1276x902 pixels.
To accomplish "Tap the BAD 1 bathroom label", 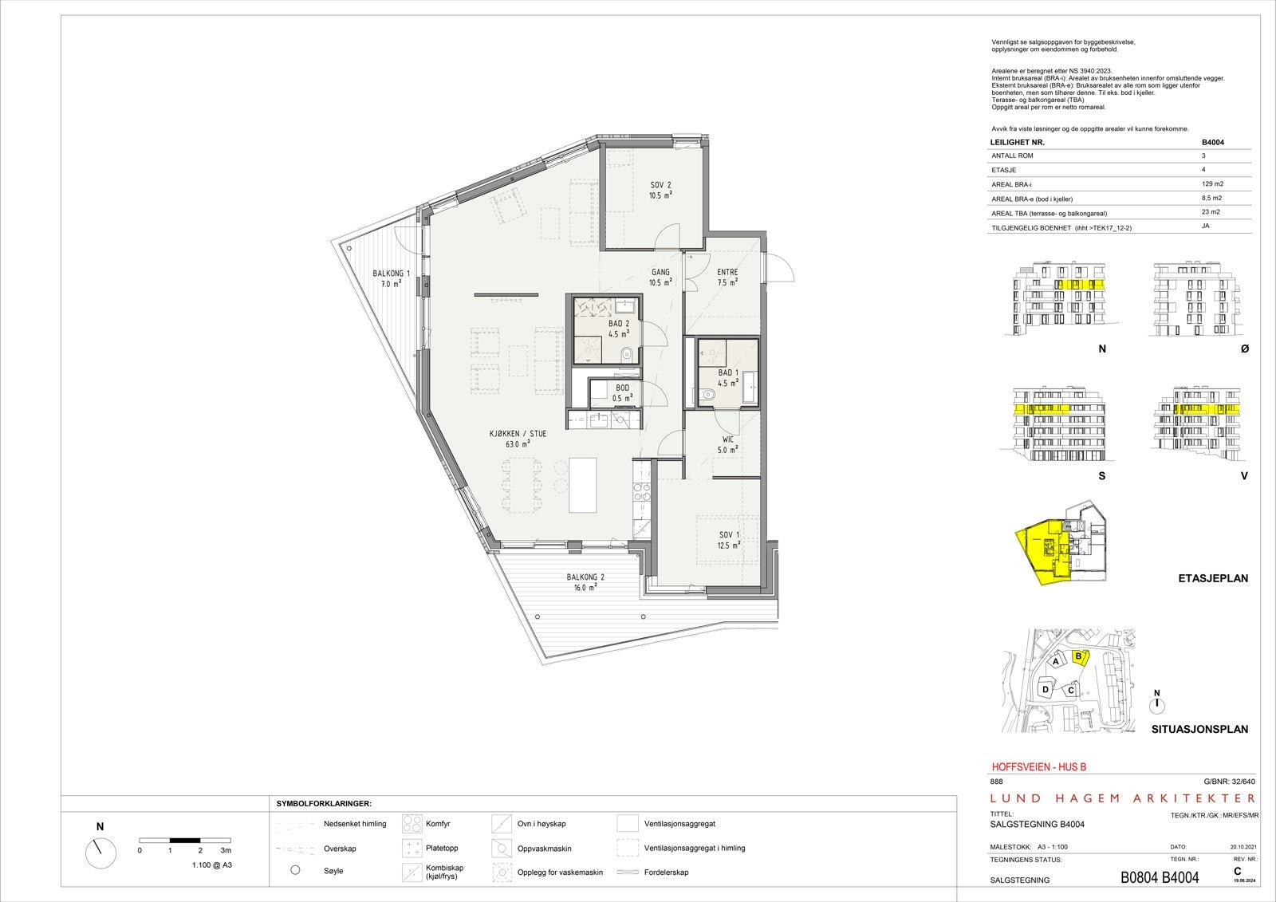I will click(x=727, y=372).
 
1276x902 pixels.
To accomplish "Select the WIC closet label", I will click(x=727, y=439).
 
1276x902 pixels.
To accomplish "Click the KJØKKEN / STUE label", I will click(x=518, y=435).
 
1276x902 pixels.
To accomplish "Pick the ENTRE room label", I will click(x=727, y=272).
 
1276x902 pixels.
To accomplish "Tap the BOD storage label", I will click(x=622, y=388).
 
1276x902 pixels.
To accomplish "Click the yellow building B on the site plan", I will click(x=1079, y=657).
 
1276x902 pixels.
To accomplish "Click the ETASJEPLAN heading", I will click(x=1212, y=578).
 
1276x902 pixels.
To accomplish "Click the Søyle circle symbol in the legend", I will click(x=295, y=870).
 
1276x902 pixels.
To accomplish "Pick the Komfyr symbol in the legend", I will click(x=412, y=824).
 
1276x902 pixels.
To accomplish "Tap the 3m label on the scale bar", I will click(x=226, y=851).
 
